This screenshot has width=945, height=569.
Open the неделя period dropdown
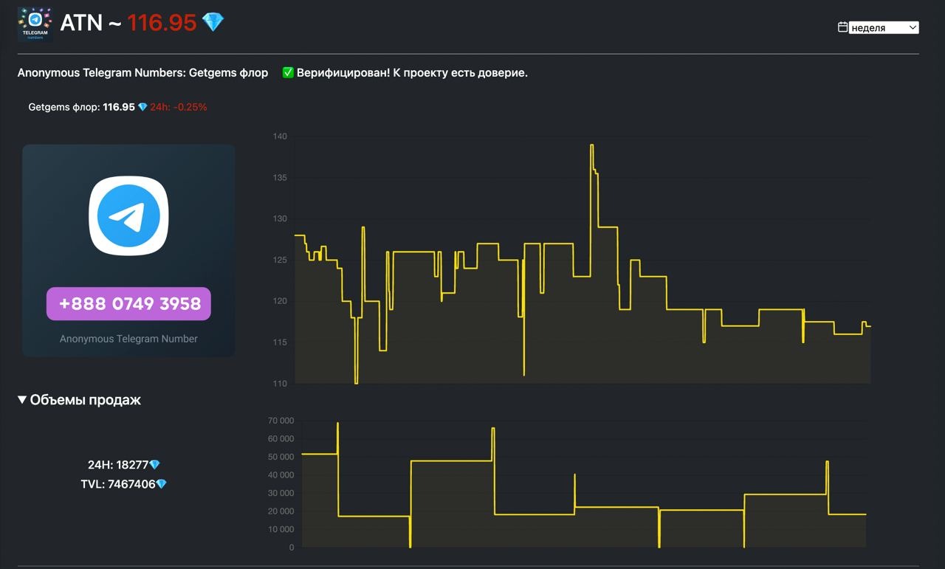click(x=884, y=27)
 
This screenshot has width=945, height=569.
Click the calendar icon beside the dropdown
click(x=842, y=27)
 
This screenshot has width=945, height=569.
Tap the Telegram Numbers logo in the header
click(x=35, y=23)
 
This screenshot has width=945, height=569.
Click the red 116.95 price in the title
click(x=162, y=23)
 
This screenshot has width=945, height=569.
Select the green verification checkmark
click(x=288, y=72)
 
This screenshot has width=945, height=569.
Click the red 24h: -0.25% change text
click(x=178, y=107)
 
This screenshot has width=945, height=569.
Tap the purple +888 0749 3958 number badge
click(x=128, y=304)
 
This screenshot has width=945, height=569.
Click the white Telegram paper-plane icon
click(x=128, y=215)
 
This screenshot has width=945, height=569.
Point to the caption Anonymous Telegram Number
click(x=128, y=339)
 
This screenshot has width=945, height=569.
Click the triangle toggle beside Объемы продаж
click(x=22, y=400)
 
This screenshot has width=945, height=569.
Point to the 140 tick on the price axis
click(x=280, y=137)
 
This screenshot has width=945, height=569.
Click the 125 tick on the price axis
click(x=280, y=260)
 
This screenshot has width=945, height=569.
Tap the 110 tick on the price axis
click(x=280, y=384)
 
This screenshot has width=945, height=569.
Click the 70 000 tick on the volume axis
click(x=281, y=421)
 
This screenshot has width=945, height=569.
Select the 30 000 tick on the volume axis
click(x=281, y=493)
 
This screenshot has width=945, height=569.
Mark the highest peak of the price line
click(x=591, y=145)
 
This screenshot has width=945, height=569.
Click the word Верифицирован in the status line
click(x=339, y=72)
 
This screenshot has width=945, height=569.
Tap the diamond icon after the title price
click(x=213, y=23)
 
